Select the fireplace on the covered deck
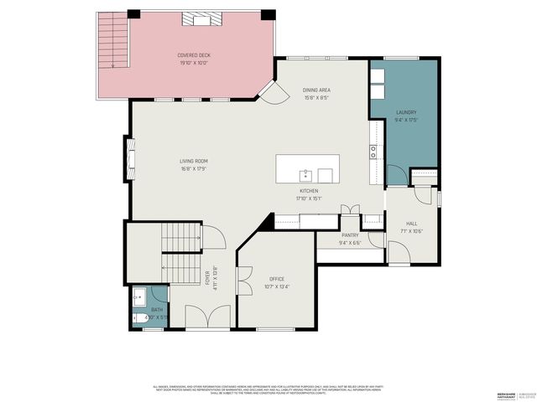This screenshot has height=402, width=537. pyautogui.click(x=198, y=19)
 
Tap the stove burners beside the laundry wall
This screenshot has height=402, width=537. pyautogui.click(x=372, y=152)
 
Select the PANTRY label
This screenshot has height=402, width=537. pyautogui.click(x=350, y=239)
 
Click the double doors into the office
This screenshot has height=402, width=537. pyautogui.click(x=244, y=281)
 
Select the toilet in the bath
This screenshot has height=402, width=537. pyautogui.click(x=138, y=317)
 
